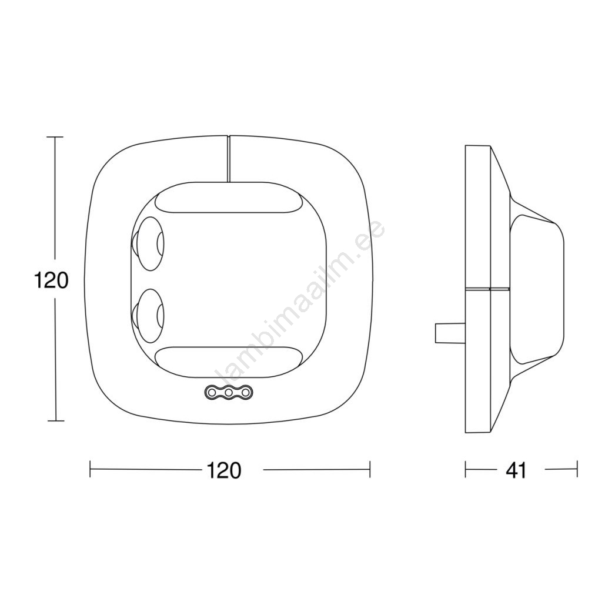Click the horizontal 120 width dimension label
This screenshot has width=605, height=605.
224,470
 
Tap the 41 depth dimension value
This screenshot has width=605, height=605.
516,470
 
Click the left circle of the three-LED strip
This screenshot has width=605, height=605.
211,392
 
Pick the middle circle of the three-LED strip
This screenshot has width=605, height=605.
228,392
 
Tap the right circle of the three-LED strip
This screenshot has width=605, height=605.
246,392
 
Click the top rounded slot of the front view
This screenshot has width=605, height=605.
228,203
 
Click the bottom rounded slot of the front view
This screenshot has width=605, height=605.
228,357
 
